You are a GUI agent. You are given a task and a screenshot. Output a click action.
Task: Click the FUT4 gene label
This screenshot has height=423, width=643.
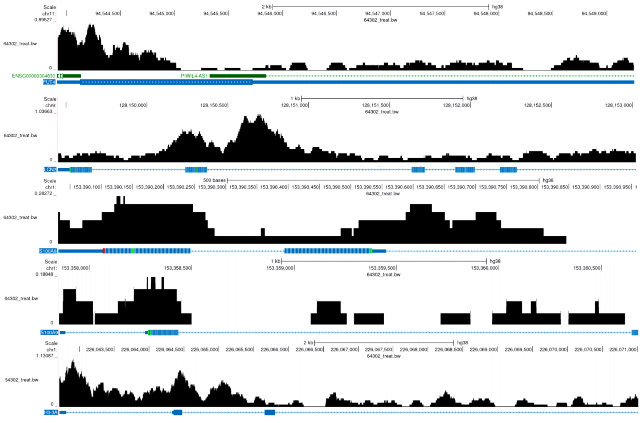click(49, 82)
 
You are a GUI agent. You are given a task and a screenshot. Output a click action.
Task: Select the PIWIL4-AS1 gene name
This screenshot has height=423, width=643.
click(194, 76)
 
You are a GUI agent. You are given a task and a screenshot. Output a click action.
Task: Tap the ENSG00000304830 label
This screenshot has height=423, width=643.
click(33, 76)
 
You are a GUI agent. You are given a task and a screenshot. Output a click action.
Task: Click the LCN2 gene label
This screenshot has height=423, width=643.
click(50, 169)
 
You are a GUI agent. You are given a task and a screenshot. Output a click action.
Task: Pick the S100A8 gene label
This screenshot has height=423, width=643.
click(48, 251)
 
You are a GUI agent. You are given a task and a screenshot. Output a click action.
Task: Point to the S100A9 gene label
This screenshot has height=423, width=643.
click(49, 332)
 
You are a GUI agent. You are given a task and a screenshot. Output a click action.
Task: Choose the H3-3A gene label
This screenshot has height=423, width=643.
click(50, 412)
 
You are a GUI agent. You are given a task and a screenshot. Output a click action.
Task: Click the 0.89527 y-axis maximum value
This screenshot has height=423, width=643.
click(43, 20)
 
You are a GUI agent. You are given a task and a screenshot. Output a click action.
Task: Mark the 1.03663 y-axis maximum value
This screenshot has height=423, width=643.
click(44, 112)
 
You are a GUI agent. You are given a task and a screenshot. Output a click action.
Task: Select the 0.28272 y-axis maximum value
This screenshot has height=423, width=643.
click(44, 194)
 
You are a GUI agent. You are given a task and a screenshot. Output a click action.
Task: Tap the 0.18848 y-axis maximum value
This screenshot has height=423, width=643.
click(44, 274)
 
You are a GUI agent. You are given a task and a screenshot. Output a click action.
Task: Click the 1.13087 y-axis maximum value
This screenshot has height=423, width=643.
click(45, 356)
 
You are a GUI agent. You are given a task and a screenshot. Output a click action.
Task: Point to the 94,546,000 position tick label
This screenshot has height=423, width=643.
click(269, 13)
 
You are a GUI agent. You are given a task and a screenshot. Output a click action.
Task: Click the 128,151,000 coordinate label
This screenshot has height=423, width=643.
click(294, 105)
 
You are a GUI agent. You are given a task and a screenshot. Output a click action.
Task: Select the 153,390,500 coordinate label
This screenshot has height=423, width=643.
click(336, 187)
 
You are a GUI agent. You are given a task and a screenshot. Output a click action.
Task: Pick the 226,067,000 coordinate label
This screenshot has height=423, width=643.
click(344, 349)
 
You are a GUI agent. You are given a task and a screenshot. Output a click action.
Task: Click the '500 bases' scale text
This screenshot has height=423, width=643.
click(214, 180)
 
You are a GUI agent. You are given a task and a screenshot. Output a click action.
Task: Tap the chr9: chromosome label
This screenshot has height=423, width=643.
click(50, 105)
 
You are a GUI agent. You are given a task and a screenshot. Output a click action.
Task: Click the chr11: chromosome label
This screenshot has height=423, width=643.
click(49, 14)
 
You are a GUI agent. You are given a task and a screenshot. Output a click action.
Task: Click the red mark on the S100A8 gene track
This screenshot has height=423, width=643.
click(103, 251)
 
